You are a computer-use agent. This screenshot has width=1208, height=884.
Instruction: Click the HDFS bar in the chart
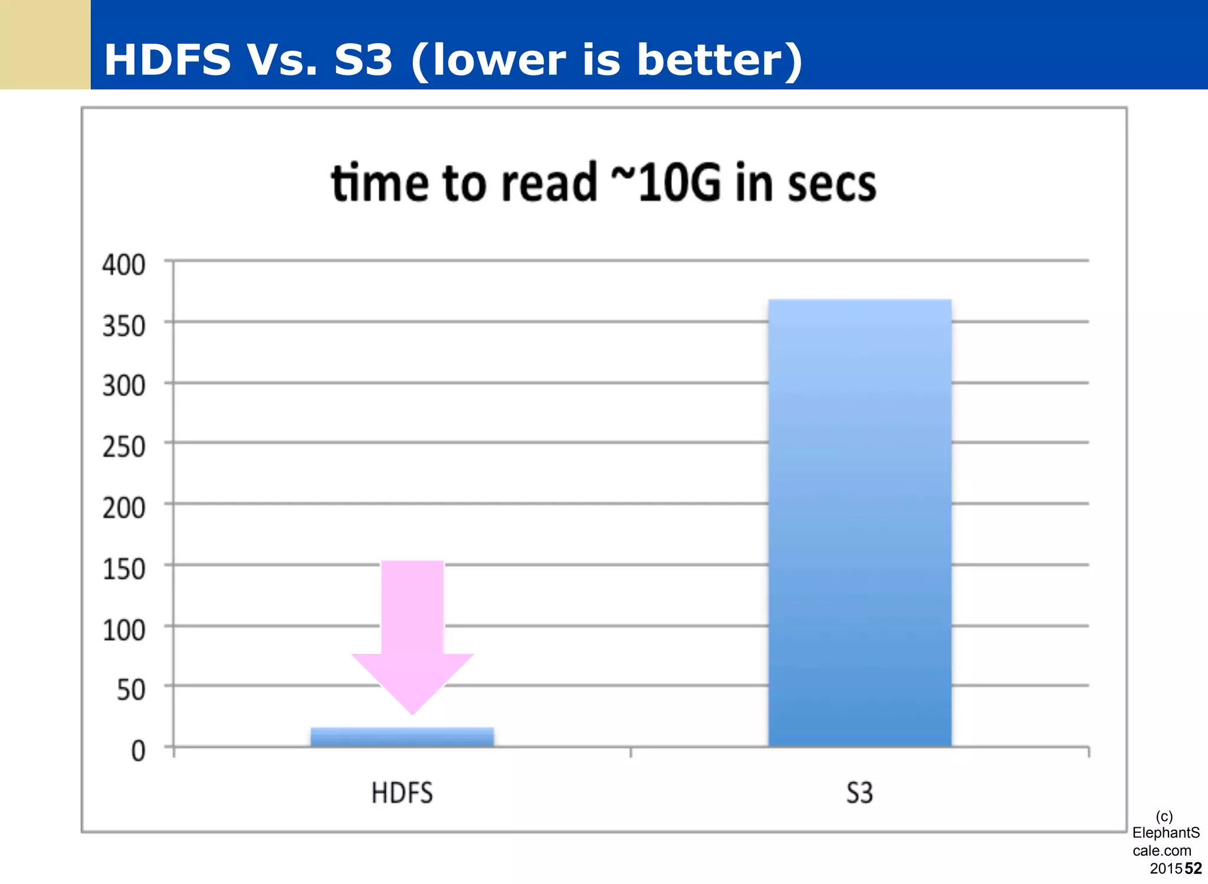402,737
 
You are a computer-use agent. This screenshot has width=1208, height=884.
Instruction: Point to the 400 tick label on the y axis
124,265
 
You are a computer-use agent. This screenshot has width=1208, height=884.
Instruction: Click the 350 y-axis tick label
124,326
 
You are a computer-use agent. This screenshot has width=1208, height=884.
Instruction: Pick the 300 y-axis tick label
124,386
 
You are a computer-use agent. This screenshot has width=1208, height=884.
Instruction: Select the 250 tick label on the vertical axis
124,447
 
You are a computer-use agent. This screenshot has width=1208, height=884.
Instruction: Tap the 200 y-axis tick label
124,508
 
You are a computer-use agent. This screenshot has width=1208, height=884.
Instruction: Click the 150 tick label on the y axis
124,569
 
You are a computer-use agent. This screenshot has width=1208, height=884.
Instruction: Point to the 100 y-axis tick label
124,630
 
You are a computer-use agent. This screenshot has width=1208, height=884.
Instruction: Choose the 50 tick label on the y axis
131,690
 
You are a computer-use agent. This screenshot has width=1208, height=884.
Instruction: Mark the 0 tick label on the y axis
138,751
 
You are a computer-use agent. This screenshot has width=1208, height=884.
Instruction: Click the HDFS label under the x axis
402,793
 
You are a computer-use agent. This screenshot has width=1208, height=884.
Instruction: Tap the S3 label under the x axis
859,793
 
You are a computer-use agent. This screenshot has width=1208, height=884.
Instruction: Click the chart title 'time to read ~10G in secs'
603,183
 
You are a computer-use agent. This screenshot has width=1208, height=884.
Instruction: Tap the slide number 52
1193,868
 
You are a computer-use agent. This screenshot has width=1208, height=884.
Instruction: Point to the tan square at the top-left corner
45,44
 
